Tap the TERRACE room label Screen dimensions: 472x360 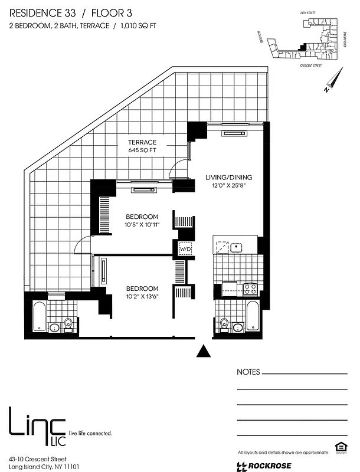(x=142, y=142)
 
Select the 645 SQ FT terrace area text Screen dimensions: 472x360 (x=142, y=151)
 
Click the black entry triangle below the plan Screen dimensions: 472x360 (x=204, y=352)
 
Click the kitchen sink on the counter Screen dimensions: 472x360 (x=237, y=247)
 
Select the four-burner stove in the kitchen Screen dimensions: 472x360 (x=250, y=289)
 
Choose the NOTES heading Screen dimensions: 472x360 (x=248, y=372)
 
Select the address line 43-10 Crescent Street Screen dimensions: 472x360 (x=37, y=458)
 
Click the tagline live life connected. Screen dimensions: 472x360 (x=90, y=433)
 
